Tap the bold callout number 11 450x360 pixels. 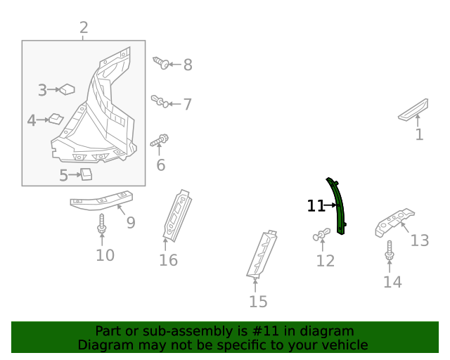(x=316, y=206)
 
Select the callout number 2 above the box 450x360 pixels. (x=84, y=28)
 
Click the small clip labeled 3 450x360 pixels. (x=67, y=89)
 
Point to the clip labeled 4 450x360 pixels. (x=56, y=119)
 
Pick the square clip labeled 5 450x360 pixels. (x=86, y=174)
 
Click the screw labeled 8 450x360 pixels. (x=160, y=64)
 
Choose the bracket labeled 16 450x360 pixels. (x=176, y=214)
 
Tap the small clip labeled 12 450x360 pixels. (x=321, y=235)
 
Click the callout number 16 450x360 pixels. (x=168, y=261)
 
